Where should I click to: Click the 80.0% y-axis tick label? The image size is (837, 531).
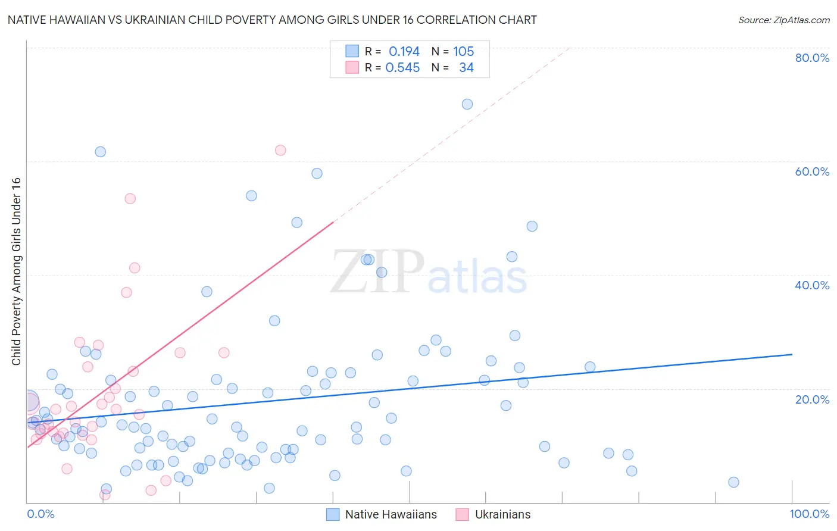point(812,58)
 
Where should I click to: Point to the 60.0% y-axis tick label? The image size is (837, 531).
point(812,171)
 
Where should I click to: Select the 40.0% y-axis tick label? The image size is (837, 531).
point(812,285)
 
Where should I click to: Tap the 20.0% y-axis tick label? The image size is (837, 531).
point(812,399)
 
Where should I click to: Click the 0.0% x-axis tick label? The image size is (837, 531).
point(40,514)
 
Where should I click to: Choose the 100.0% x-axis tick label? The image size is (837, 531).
point(809,514)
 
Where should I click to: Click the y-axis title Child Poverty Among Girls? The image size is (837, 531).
point(16,271)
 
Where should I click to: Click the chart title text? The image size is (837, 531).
point(272,20)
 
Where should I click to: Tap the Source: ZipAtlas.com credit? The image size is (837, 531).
point(783,20)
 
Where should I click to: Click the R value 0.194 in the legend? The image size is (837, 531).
point(404,51)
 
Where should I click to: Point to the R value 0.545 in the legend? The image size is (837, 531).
point(402,68)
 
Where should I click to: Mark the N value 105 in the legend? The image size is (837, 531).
point(463,51)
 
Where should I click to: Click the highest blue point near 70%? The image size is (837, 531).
point(467,104)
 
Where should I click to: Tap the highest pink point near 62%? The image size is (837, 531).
point(280,150)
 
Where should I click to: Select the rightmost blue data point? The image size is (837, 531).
point(733,482)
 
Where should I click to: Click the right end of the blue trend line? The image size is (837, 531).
point(792,354)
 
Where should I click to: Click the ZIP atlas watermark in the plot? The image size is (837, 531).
point(429,273)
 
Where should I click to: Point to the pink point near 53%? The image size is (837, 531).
point(130,199)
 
